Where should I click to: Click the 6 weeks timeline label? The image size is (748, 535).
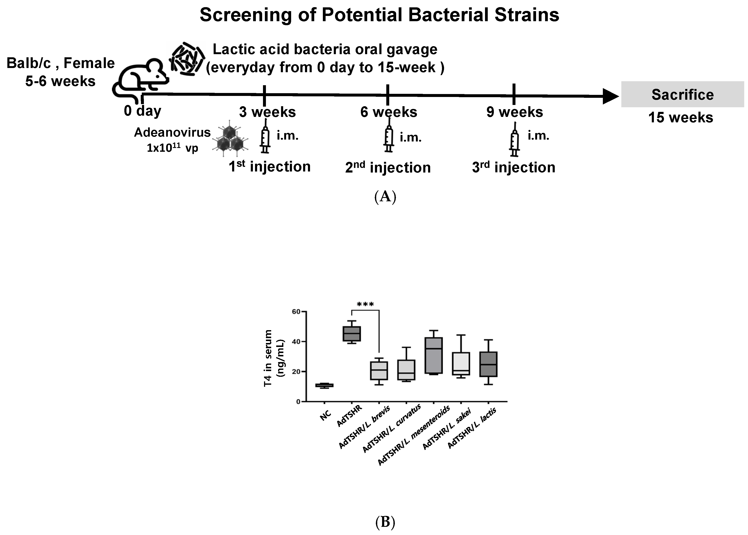tap(388, 112)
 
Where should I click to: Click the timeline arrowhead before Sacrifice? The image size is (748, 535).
tap(610, 96)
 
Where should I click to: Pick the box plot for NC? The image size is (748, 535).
tap(324, 385)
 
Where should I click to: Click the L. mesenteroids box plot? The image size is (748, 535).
tap(434, 355)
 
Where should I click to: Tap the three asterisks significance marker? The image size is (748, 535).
tap(365, 304)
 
